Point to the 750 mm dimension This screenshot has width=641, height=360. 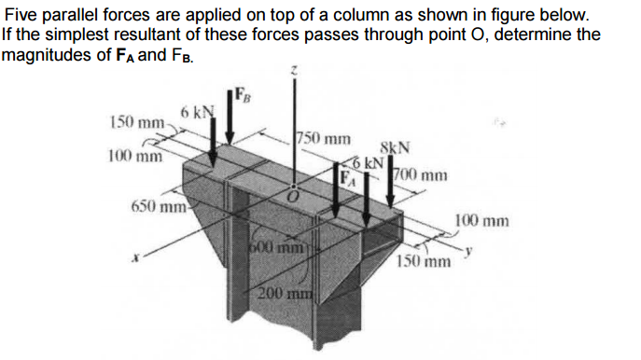pos(324,141)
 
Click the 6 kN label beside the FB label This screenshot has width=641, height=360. pos(198,113)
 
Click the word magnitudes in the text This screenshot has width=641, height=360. pos(46,53)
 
